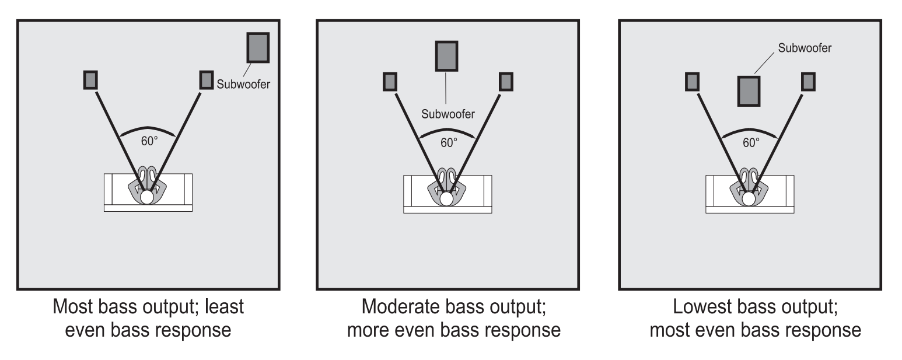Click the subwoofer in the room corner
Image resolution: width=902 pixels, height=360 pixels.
258,47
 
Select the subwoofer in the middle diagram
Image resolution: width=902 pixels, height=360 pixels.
446,55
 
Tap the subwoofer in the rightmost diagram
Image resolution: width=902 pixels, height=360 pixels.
749,91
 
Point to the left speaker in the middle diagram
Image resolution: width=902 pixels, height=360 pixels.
390,81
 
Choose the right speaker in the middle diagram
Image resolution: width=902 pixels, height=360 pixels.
506,81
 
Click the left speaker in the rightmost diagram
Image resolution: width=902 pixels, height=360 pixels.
692,81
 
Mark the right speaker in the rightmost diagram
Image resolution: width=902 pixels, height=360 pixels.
808,81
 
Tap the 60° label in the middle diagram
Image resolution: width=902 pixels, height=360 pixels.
448,142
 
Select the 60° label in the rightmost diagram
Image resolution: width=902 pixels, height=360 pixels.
750,142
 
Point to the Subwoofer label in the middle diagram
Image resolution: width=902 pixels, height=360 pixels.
448,114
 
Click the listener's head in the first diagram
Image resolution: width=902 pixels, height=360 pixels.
146,197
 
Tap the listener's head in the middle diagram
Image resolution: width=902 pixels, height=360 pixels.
446,199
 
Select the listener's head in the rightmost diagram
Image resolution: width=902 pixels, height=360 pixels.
749,199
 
